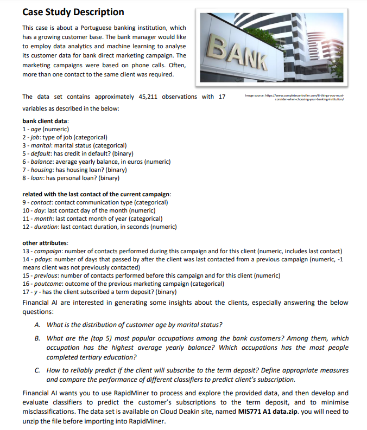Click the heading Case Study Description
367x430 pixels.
(73, 11)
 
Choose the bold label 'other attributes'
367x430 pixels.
(45, 243)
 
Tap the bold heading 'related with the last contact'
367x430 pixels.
(97, 194)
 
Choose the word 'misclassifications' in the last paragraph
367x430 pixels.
(52, 412)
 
